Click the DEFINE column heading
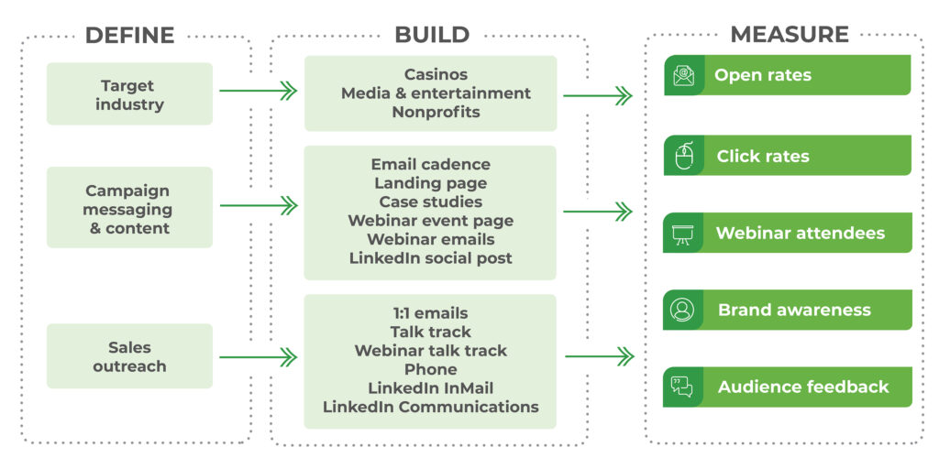click(129, 36)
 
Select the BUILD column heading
click(431, 36)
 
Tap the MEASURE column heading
click(789, 36)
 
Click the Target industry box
click(129, 94)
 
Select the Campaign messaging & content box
click(129, 209)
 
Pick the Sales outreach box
click(129, 356)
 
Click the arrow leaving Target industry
click(258, 91)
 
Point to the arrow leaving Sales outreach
click(258, 356)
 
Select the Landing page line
click(430, 183)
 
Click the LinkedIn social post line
click(430, 258)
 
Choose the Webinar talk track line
click(430, 351)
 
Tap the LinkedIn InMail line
click(430, 388)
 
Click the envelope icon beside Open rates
click(683, 75)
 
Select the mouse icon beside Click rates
click(683, 156)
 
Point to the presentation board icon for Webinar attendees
click(683, 234)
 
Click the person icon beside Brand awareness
click(683, 310)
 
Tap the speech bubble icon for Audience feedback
click(683, 387)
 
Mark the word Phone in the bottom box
click(430, 369)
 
